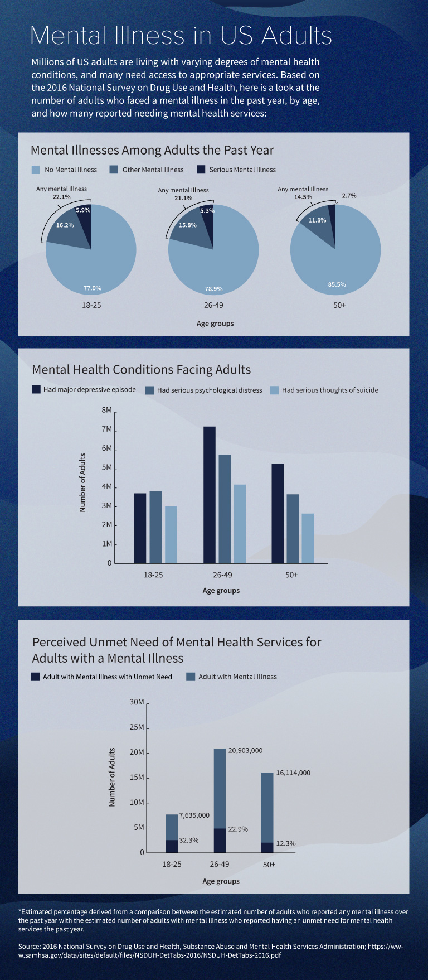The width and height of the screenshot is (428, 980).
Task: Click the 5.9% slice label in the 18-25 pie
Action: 83,210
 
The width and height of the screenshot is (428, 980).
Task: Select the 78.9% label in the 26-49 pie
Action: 213,289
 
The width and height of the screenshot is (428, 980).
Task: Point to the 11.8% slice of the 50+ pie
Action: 317,220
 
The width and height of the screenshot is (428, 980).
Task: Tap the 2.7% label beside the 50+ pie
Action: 349,196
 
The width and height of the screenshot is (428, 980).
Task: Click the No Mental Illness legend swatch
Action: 36,170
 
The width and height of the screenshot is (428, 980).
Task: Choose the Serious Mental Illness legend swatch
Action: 201,170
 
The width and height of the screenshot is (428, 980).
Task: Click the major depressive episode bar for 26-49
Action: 210,495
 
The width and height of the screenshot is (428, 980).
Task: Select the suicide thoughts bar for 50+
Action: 308,538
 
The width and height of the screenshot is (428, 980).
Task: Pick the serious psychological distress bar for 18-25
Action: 155,527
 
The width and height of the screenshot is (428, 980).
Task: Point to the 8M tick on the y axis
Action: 107,410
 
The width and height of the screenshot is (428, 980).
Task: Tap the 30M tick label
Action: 137,702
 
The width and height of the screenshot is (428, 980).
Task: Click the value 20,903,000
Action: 245,751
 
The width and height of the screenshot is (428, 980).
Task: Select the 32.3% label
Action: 189,840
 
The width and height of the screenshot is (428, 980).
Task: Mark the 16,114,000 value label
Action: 293,773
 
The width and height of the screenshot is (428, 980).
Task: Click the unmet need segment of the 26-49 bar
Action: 220,840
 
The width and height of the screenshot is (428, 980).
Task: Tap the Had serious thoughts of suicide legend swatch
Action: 274,390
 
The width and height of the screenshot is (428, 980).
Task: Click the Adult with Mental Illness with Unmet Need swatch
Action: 35,677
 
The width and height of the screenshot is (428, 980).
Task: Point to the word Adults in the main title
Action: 296,36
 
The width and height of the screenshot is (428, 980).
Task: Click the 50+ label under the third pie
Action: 339,305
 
